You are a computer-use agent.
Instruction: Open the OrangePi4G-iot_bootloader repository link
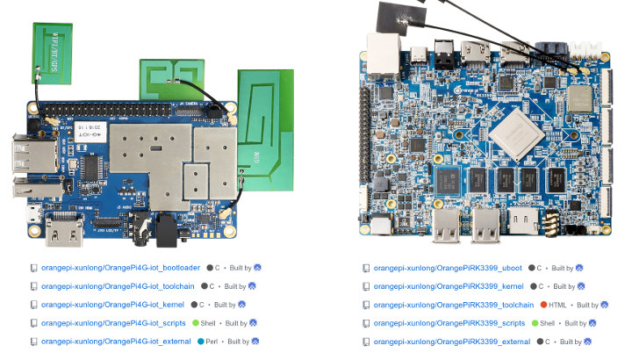(x=120, y=267)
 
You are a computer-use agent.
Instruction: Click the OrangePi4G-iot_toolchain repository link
(x=119, y=285)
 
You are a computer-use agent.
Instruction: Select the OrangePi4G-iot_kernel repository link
(x=114, y=304)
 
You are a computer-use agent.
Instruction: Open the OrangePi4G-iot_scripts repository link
(x=115, y=322)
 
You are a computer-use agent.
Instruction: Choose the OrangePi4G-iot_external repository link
(x=118, y=341)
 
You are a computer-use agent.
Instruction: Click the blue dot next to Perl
(x=201, y=341)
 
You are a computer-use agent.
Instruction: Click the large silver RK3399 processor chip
(x=515, y=131)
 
